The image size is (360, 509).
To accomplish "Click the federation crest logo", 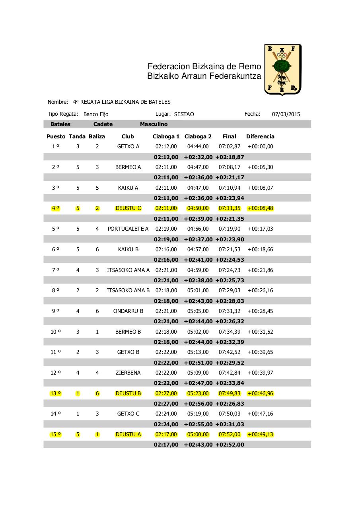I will coord(282,70).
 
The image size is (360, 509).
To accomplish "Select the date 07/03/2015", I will coord(286,114).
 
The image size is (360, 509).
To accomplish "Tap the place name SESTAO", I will coord(184,114).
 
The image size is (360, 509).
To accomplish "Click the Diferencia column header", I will coord(260,136).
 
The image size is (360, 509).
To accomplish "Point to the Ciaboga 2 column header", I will coord(198,136).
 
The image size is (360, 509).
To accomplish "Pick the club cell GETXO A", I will coord(128,146).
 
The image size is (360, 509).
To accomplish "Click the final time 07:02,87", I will coord(230,146).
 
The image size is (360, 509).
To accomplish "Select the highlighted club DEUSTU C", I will coord(128,208).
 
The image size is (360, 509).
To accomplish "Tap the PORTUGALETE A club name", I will coord(128,229).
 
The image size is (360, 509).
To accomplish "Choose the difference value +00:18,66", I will coord(260,249).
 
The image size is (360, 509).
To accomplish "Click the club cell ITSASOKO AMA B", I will coord(128,290).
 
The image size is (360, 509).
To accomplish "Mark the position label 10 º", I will coord(56,332).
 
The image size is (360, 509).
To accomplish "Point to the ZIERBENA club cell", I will coord(128,373).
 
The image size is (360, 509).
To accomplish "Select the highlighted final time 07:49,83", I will coord(230,393).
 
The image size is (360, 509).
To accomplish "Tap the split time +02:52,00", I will coord(230,445).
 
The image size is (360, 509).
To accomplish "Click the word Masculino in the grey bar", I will coord(154,124).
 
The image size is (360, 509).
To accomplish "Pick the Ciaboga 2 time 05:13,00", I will coord(198,352).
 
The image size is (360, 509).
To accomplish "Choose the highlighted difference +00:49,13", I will coord(260,434).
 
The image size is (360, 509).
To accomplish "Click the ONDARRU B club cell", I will coord(128,311).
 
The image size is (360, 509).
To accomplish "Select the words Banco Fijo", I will coord(96,114).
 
